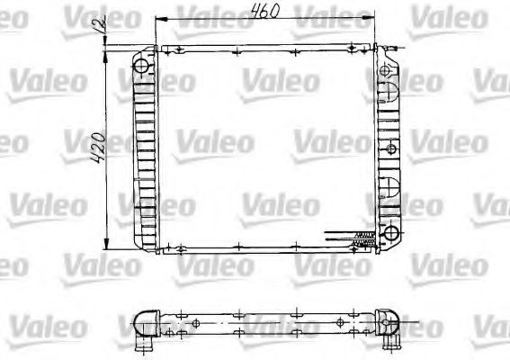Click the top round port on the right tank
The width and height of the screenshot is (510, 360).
[x=388, y=68]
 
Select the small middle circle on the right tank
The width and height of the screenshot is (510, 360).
[x=389, y=147]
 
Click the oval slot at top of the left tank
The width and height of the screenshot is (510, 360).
[x=141, y=67]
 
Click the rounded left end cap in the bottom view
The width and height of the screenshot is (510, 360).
[x=139, y=323]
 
